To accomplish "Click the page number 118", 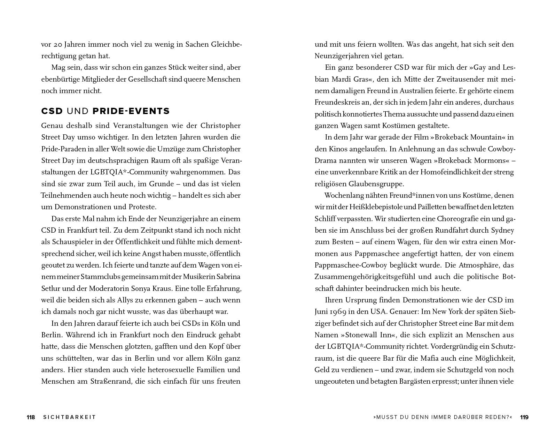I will [31, 417].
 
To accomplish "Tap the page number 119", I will [524, 417].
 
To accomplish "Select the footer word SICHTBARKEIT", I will [69, 417].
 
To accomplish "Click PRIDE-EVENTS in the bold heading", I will [131, 111].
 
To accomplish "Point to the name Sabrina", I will [228, 277].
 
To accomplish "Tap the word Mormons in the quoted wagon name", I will [491, 160].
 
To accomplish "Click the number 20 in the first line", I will [57, 45].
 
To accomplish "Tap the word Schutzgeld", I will [461, 370].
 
